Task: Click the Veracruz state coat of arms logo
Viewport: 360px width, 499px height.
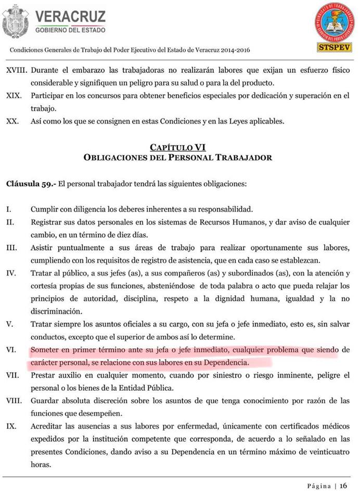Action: [16, 21]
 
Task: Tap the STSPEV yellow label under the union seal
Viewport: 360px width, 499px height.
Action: [334, 47]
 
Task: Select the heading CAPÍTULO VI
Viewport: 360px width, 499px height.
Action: [177, 147]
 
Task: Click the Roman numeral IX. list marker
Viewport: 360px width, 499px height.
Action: [11, 426]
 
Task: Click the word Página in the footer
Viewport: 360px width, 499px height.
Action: [318, 486]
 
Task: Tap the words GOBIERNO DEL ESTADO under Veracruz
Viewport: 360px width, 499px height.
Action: [70, 30]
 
